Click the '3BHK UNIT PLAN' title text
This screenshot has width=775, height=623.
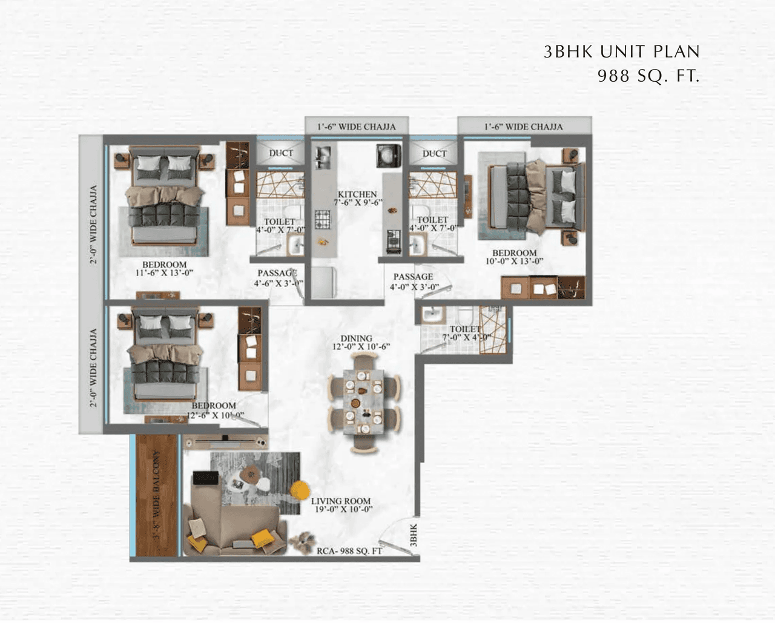point(621,52)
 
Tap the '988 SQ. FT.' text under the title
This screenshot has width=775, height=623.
point(648,76)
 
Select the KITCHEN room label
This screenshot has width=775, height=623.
point(357,194)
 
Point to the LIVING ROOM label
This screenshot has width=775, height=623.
point(341,501)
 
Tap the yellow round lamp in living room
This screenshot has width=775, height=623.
point(299,490)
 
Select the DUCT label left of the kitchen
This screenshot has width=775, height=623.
point(281,153)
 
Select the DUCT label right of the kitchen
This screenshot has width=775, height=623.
point(434,154)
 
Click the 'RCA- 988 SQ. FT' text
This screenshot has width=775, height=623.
point(349,551)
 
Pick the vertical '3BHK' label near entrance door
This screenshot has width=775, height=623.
point(414,536)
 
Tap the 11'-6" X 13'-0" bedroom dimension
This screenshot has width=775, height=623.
point(164,273)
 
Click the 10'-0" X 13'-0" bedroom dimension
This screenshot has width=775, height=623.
point(514,262)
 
